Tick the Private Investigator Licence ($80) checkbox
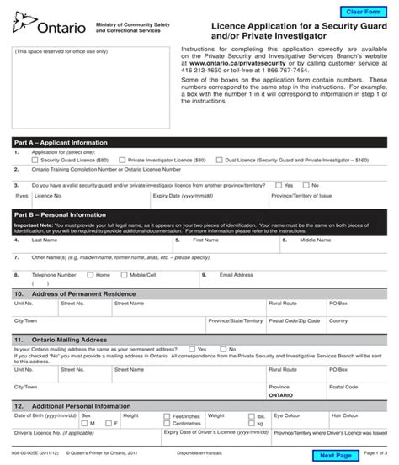pos(123,159)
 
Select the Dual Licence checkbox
pos(219,159)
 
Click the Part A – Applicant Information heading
pos(61,143)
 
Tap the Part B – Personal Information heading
pos(60,214)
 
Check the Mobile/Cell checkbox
pos(124,274)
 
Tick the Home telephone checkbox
pos(91,274)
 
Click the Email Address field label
pos(237,274)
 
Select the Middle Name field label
pos(316,240)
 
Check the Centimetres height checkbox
pos(168,423)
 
